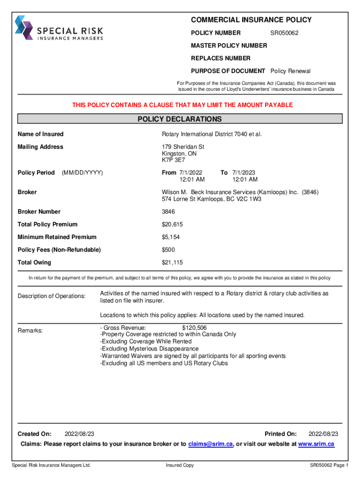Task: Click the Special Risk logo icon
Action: (x=23, y=28)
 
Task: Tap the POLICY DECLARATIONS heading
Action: (x=180, y=119)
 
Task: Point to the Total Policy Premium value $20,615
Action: (x=172, y=225)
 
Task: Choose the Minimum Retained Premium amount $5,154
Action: (x=171, y=237)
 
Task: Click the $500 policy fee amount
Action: (x=168, y=250)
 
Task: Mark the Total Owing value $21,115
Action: (x=172, y=262)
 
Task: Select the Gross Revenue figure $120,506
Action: (x=194, y=328)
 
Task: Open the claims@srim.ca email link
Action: (x=210, y=444)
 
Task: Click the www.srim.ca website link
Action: (x=316, y=444)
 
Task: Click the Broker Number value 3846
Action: (x=168, y=212)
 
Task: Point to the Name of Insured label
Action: (x=40, y=134)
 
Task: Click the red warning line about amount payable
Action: (x=182, y=105)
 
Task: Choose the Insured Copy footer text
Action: (x=180, y=465)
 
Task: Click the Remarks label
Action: (x=30, y=331)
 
